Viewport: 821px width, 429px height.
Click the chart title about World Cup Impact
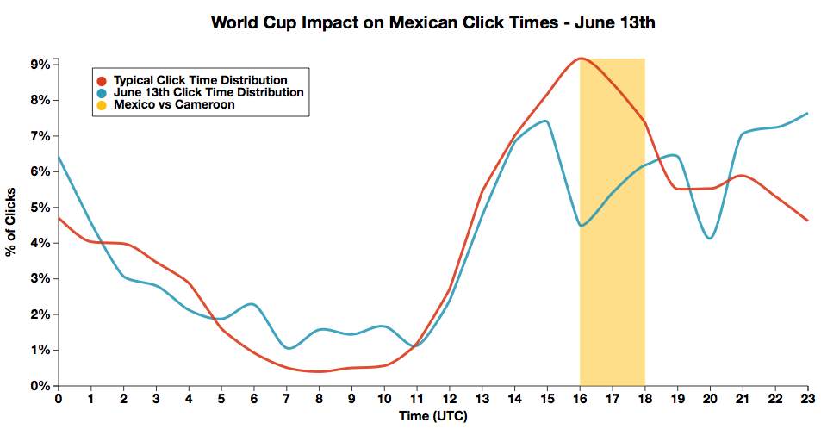[x=433, y=22]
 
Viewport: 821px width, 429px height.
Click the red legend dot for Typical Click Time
[x=102, y=80]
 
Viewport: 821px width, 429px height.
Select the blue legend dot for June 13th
[x=102, y=92]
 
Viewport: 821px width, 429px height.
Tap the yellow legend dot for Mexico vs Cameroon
[x=102, y=104]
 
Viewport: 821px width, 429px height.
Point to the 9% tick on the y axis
[x=39, y=64]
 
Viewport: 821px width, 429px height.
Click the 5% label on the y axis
[x=39, y=208]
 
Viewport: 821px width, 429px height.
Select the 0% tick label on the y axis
[x=39, y=386]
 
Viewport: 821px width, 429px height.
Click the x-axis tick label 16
[x=580, y=399]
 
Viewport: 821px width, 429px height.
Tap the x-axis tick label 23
[x=807, y=399]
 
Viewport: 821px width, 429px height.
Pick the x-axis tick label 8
[x=319, y=399]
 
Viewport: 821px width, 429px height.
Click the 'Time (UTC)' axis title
[x=432, y=416]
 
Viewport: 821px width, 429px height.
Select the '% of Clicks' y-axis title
[x=11, y=221]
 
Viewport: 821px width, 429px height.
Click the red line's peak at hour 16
[x=580, y=59]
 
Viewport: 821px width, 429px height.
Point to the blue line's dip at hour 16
[x=582, y=226]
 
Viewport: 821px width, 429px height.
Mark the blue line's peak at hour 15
[x=545, y=121]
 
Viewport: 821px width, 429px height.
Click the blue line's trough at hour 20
[x=709, y=238]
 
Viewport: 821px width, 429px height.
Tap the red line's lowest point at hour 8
[x=319, y=371]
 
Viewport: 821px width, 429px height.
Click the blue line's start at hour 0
[x=59, y=158]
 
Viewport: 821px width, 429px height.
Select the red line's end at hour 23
[x=807, y=221]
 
